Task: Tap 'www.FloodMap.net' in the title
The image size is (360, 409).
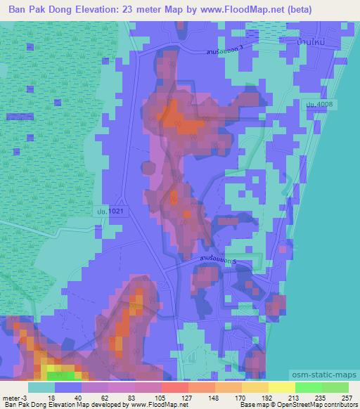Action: coord(236,9)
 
